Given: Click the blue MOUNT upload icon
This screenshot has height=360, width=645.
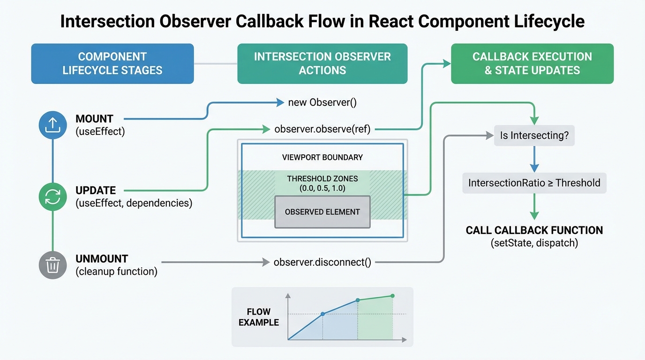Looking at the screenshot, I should coord(52,125).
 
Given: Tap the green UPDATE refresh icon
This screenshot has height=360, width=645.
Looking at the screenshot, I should coord(52,197).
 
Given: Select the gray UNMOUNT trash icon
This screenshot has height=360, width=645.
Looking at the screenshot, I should coord(52,265).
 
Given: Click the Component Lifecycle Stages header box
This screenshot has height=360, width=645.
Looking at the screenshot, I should coord(112,64).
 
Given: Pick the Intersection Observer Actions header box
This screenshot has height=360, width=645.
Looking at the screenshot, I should coord(322,64).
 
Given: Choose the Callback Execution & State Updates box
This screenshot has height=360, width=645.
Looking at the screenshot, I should coord(532,64).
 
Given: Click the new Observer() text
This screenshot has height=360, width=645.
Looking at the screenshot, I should coord(322,102).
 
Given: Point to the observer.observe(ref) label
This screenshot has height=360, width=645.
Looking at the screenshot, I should coord(322,129).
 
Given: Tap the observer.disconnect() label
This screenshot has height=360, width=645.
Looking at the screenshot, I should coord(322,262).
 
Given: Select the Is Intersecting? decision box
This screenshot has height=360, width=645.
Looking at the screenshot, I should coord(534,136).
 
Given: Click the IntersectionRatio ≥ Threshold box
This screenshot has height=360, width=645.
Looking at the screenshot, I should coord(534,183).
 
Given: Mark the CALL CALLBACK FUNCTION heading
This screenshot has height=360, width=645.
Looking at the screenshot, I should coord(534,230).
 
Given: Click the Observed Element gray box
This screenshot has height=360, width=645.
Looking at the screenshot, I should coord(322,212).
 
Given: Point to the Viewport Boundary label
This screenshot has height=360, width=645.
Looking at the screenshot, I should coord(322,157).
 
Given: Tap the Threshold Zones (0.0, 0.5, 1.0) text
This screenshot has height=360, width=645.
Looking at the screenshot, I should coord(322,183).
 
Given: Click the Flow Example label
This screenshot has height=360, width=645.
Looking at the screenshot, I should coord(259,317).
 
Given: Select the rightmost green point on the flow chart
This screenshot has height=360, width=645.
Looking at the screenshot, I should coord(392,296).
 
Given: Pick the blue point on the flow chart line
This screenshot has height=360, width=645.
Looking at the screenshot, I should coord(322,314).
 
